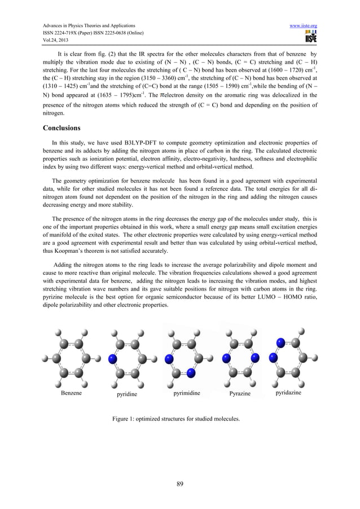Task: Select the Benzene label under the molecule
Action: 72,390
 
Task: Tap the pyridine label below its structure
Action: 126,390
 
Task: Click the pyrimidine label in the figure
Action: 188,390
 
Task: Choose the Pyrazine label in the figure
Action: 241,390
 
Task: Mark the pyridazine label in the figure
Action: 290,390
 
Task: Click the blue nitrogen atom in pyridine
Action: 113,358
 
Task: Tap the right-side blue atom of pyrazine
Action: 254,357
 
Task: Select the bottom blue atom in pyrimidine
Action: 191,373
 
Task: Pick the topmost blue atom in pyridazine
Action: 280,343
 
